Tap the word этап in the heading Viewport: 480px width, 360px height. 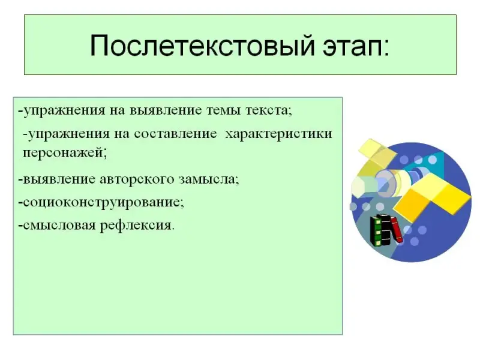click(x=352, y=47)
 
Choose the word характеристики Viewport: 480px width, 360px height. click(x=278, y=134)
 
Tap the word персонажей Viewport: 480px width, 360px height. click(x=63, y=153)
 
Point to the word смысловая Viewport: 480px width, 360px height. click(x=59, y=226)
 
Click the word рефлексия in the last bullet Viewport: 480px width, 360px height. click(x=136, y=226)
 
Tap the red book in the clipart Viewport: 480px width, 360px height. click(x=396, y=230)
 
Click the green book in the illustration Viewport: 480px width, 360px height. click(x=376, y=231)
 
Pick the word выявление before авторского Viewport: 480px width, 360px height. click(x=59, y=179)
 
